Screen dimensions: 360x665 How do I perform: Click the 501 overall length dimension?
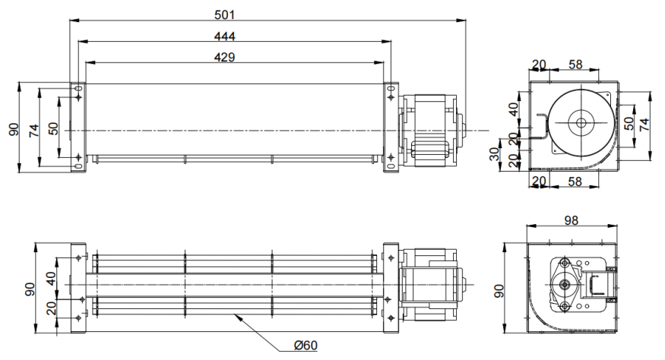(229, 14)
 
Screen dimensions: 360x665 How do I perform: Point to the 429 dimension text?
(224, 58)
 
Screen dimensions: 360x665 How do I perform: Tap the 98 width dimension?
(572, 220)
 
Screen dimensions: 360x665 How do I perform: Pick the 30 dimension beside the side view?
(496, 154)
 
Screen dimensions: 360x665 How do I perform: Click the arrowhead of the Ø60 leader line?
(238, 317)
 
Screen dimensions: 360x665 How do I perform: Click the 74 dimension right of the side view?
(645, 125)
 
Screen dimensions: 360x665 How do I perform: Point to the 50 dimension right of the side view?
(629, 124)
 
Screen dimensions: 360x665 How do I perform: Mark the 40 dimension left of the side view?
(514, 111)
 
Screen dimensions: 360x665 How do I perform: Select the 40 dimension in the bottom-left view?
(51, 279)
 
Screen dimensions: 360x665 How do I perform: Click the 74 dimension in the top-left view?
(33, 130)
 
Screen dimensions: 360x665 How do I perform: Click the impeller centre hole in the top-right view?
(581, 123)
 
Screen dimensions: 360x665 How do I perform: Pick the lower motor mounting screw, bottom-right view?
(565, 306)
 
